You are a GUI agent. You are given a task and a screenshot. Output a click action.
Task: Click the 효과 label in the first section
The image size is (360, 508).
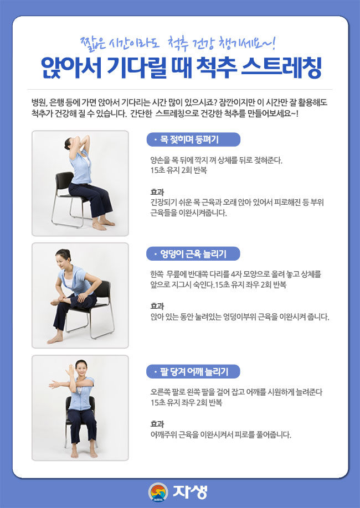[x=157, y=191]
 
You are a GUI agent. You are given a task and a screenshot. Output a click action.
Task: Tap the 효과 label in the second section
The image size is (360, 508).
[x=157, y=306]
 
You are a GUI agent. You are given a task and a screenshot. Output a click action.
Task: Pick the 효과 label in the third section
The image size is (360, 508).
[x=157, y=423]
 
